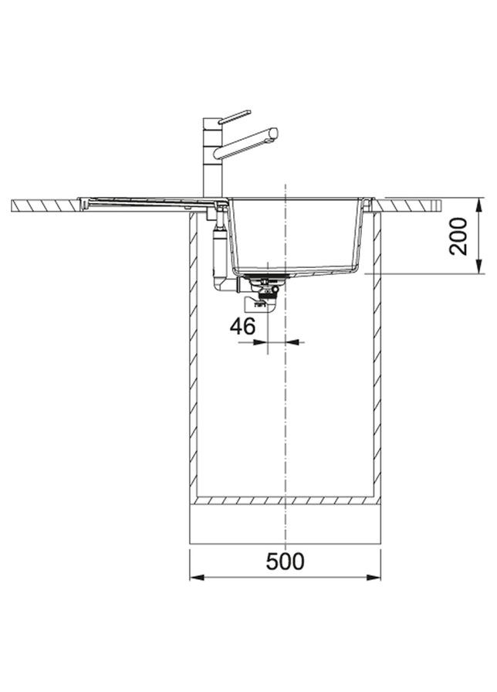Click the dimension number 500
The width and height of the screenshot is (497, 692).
click(x=285, y=561)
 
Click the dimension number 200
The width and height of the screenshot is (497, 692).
click(x=458, y=236)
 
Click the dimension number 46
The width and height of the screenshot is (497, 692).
click(x=242, y=327)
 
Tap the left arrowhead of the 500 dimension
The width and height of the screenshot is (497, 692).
click(x=197, y=577)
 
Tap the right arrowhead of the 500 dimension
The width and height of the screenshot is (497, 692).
click(x=374, y=577)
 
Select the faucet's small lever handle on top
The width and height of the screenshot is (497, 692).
click(x=235, y=117)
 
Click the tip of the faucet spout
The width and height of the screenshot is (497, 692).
click(x=274, y=133)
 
